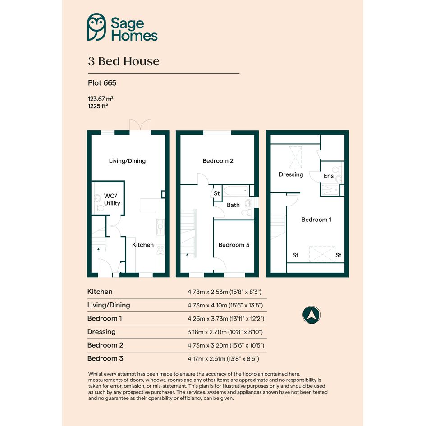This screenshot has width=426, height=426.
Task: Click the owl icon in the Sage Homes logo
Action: pyautogui.click(x=96, y=27)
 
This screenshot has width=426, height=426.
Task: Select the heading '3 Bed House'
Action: pyautogui.click(x=124, y=61)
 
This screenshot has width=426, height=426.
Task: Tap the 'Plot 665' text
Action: pyautogui.click(x=102, y=83)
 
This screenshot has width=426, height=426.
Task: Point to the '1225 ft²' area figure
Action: pyautogui.click(x=98, y=106)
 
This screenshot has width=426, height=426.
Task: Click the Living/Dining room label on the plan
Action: pyautogui.click(x=127, y=161)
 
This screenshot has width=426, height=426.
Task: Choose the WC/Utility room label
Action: pyautogui.click(x=112, y=199)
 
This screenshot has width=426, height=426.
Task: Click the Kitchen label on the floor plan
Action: pyautogui.click(x=143, y=245)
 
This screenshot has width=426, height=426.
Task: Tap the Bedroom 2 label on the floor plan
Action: pyautogui.click(x=218, y=161)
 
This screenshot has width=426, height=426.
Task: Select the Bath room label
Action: pyautogui.click(x=233, y=205)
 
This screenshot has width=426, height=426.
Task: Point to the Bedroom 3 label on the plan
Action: pyautogui.click(x=234, y=245)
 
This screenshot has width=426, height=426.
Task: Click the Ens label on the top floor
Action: pyautogui.click(x=329, y=176)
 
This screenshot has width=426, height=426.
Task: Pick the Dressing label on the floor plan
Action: pyautogui.click(x=291, y=174)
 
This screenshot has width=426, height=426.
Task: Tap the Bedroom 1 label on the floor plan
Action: pyautogui.click(x=316, y=220)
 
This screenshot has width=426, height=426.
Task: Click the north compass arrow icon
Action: pyautogui.click(x=311, y=315)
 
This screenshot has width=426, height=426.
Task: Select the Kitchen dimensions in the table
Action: pyautogui.click(x=224, y=292)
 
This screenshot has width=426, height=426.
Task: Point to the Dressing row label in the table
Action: pyautogui.click(x=101, y=332)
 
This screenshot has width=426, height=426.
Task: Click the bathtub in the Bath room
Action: pyautogui.click(x=236, y=191)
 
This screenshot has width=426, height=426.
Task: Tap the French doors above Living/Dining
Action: pyautogui.click(x=140, y=125)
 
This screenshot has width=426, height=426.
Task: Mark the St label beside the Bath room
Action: pyautogui.click(x=216, y=193)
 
